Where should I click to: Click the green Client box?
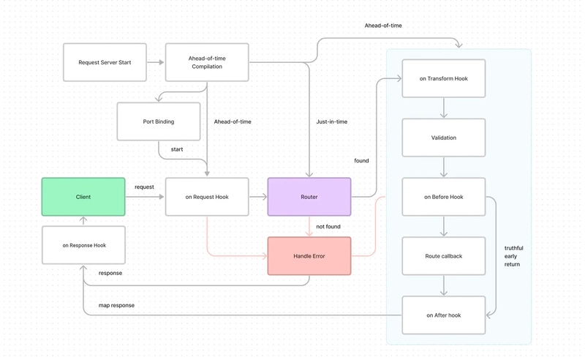point(83,197)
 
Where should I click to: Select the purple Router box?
point(309,197)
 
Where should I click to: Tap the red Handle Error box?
point(309,256)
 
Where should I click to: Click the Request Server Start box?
point(105,62)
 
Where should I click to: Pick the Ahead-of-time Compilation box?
point(207,62)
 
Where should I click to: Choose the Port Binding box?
point(159,121)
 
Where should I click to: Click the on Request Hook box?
point(207,197)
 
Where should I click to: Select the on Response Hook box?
point(83,245)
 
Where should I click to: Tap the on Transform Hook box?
point(444,78)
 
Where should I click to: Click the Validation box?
point(444,138)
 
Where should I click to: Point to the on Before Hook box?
point(444,197)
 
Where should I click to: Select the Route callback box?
point(444,256)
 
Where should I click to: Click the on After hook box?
point(444,315)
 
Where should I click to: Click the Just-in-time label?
point(332,121)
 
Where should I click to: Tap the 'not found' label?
point(328,226)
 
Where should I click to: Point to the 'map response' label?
point(116,305)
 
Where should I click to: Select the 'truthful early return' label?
point(514,256)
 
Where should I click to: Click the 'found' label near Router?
point(361,160)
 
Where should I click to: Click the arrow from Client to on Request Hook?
point(145,197)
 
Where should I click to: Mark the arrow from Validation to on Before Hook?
point(444,167)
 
